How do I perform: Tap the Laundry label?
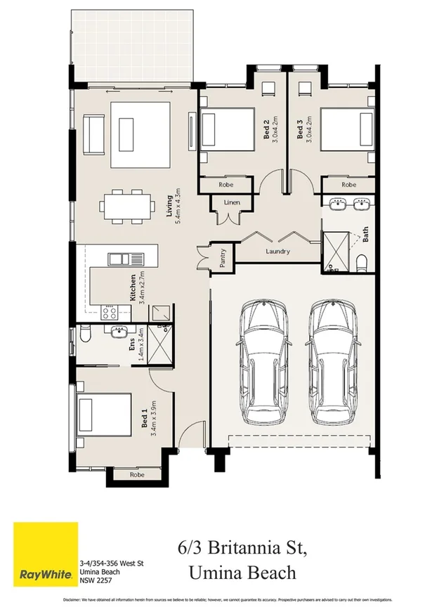(x=278, y=252)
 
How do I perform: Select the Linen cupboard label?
(x=232, y=203)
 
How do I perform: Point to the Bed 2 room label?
(x=267, y=131)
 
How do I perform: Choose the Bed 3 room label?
(x=300, y=131)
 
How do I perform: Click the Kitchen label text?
(x=133, y=287)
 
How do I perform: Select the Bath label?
(x=365, y=233)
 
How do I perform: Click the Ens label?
(x=132, y=344)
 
